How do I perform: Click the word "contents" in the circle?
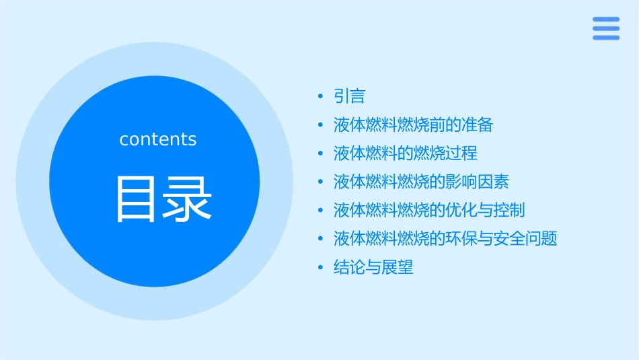[158, 139]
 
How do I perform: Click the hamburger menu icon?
[606, 28]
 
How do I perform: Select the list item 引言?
[349, 97]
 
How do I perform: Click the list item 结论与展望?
[373, 268]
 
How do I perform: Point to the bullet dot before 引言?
[320, 97]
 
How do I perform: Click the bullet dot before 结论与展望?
[320, 268]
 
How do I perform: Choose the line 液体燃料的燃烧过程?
[406, 153]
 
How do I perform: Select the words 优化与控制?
[485, 211]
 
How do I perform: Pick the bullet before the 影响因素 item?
[320, 182]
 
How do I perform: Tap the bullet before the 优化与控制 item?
[320, 211]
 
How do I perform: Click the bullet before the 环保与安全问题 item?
[320, 239]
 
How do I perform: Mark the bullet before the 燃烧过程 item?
[320, 153]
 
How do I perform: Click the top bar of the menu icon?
[606, 20]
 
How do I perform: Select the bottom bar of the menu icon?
[606, 38]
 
